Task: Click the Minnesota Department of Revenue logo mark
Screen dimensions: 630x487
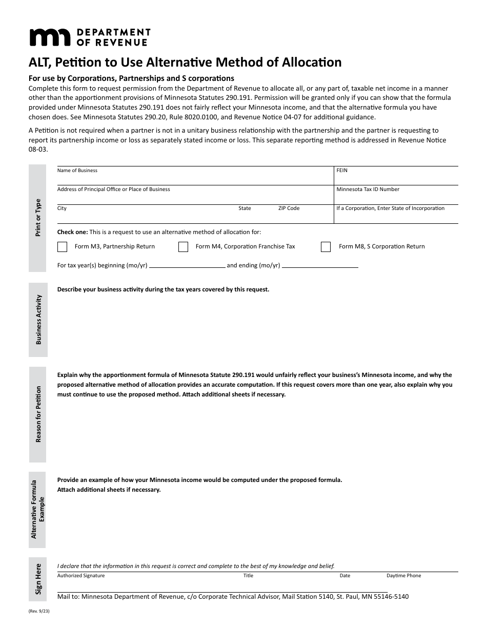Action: [50, 38]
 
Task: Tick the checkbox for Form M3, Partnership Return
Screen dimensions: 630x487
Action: [63, 247]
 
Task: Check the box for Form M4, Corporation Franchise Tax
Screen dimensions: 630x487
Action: [183, 247]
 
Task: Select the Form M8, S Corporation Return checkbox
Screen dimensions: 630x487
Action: [326, 247]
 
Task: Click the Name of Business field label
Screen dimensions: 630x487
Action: [77, 171]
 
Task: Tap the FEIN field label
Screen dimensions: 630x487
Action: [342, 171]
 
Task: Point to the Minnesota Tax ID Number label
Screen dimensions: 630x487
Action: [368, 190]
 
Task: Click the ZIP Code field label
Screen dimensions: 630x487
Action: [289, 208]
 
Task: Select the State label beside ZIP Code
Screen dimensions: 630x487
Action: [245, 208]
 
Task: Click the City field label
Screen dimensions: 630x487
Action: [62, 208]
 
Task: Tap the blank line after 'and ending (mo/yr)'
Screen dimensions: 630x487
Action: [320, 266]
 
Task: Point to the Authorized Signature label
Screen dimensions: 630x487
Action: [81, 576]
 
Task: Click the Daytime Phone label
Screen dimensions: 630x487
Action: [403, 576]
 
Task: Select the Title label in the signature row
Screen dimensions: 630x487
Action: [248, 576]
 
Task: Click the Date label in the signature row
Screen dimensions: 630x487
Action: [345, 576]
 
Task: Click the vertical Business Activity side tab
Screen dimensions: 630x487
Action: [38, 320]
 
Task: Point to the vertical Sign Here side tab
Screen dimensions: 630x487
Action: [38, 579]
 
